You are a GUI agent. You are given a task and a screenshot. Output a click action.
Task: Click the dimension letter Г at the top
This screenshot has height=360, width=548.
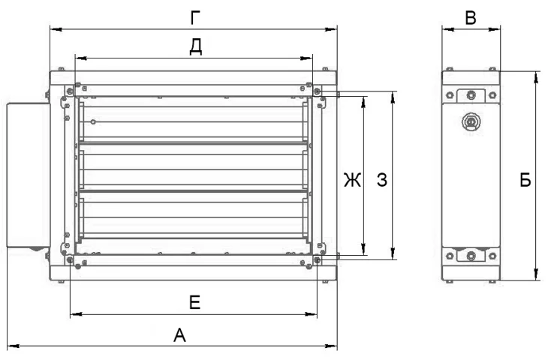tap(195, 18)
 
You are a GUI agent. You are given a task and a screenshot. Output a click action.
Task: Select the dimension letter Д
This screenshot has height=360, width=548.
tap(196, 46)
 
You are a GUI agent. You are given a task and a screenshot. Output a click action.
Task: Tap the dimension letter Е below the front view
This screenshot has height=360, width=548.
tap(194, 302)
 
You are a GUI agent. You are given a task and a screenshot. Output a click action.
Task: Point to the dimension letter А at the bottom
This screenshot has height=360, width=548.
tap(179, 335)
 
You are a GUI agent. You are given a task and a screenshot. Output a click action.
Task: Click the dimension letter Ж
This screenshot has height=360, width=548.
tap(352, 180)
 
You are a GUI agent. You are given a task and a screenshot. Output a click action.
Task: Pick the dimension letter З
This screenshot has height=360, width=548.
tap(382, 180)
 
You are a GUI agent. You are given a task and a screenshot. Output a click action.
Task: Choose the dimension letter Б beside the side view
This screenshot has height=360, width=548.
tap(525, 180)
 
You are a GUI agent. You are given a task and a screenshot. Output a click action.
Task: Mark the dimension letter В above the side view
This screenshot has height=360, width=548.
tap(471, 18)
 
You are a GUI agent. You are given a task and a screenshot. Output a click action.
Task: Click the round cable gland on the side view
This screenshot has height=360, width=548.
tap(471, 122)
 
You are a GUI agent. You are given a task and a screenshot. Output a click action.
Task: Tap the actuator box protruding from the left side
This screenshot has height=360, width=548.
tap(29, 175)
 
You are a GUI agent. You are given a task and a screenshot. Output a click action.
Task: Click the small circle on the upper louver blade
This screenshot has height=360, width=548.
tap(93, 121)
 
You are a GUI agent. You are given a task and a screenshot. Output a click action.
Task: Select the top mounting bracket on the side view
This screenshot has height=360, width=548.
tap(471, 95)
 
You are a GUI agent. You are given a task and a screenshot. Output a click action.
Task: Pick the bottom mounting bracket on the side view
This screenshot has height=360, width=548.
tap(471, 255)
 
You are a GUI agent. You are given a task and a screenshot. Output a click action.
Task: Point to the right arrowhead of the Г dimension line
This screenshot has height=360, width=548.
tap(331, 29)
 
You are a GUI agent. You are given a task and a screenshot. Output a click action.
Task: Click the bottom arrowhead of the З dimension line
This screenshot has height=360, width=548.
tap(393, 253)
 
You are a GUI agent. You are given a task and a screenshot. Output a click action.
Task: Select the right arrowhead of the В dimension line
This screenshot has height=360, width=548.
tap(495, 29)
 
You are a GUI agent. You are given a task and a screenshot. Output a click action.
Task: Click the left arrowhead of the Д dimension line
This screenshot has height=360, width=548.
tap(81, 58)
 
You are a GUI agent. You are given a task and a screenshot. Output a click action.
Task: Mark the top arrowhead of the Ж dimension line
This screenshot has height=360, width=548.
tap(363, 102)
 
